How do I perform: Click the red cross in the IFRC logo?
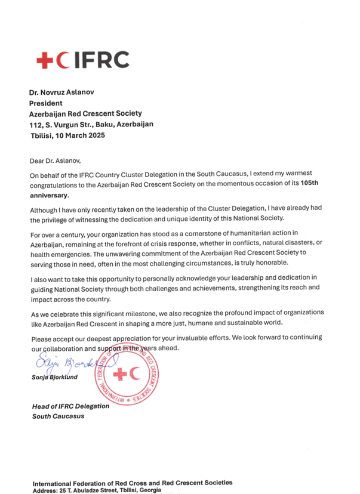click(45, 59)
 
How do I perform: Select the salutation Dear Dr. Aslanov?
click(54, 160)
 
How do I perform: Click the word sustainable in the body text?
click(259, 323)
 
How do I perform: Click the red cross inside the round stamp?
click(119, 375)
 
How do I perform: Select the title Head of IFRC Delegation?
click(70, 406)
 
